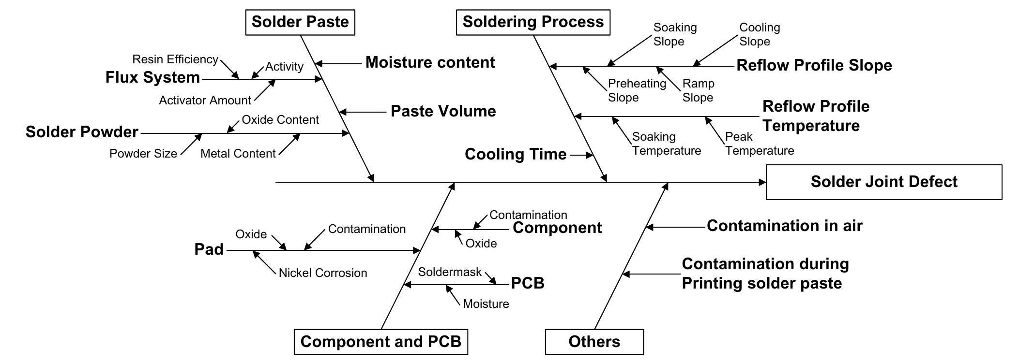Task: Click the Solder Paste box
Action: click(300, 22)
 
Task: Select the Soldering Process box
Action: click(533, 22)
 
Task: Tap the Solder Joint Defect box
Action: click(883, 182)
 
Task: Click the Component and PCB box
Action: click(380, 342)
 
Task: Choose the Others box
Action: click(594, 342)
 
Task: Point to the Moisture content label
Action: click(430, 62)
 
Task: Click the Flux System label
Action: click(152, 77)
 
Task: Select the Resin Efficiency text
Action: click(175, 59)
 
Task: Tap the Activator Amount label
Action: click(205, 101)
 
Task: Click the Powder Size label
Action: click(143, 154)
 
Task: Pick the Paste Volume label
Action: click(443, 111)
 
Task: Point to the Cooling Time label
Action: click(515, 154)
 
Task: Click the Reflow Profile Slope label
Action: click(814, 65)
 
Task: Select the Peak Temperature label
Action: click(759, 144)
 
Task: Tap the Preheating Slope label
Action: click(636, 90)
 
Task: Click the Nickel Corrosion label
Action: click(323, 273)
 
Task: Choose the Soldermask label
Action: click(450, 272)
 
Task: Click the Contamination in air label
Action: click(784, 226)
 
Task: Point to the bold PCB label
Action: click(528, 283)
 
